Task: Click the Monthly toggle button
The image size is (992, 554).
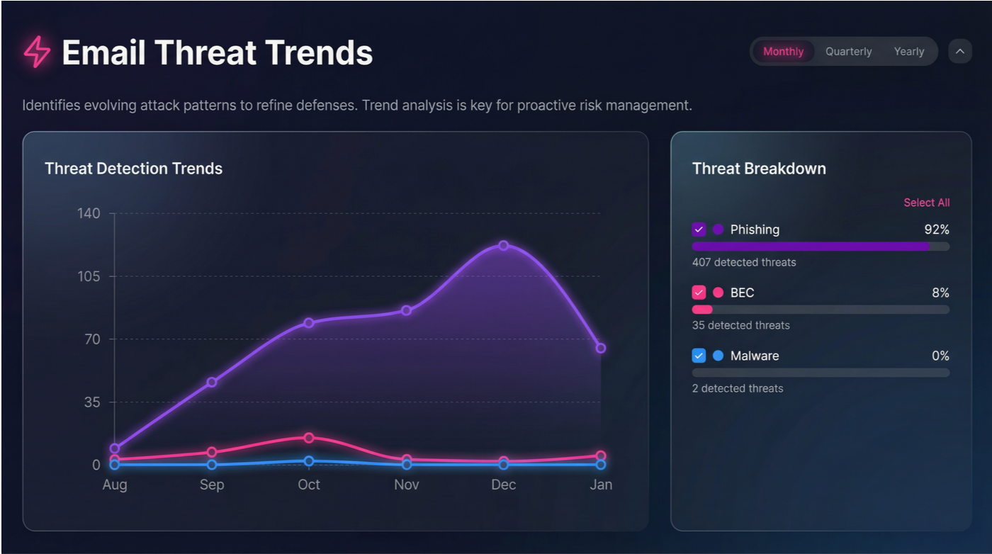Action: [x=783, y=52]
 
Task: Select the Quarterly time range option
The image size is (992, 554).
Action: [x=848, y=52]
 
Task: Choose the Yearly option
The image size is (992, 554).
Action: [x=909, y=52]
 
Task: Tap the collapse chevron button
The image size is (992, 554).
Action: [x=960, y=52]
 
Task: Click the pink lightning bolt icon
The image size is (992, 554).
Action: [x=37, y=52]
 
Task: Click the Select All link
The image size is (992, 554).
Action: [x=926, y=203]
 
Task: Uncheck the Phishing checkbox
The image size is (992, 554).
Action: [x=699, y=230]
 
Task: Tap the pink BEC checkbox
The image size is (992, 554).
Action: [x=699, y=293]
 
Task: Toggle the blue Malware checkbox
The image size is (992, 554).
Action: [x=699, y=356]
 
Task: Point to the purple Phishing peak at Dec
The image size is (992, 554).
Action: [x=503, y=245]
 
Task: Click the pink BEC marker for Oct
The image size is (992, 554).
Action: [x=309, y=438]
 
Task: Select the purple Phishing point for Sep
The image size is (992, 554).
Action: [x=211, y=383]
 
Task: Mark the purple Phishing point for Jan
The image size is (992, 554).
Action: [x=601, y=348]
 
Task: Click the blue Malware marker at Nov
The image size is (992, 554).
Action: [x=406, y=465]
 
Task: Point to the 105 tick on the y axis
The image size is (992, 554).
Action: [x=89, y=276]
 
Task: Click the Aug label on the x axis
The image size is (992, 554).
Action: [x=115, y=485]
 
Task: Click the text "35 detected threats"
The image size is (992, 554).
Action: [x=740, y=325]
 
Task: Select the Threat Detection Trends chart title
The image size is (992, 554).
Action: [x=133, y=169]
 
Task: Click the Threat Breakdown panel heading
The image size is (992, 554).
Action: [x=759, y=169]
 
